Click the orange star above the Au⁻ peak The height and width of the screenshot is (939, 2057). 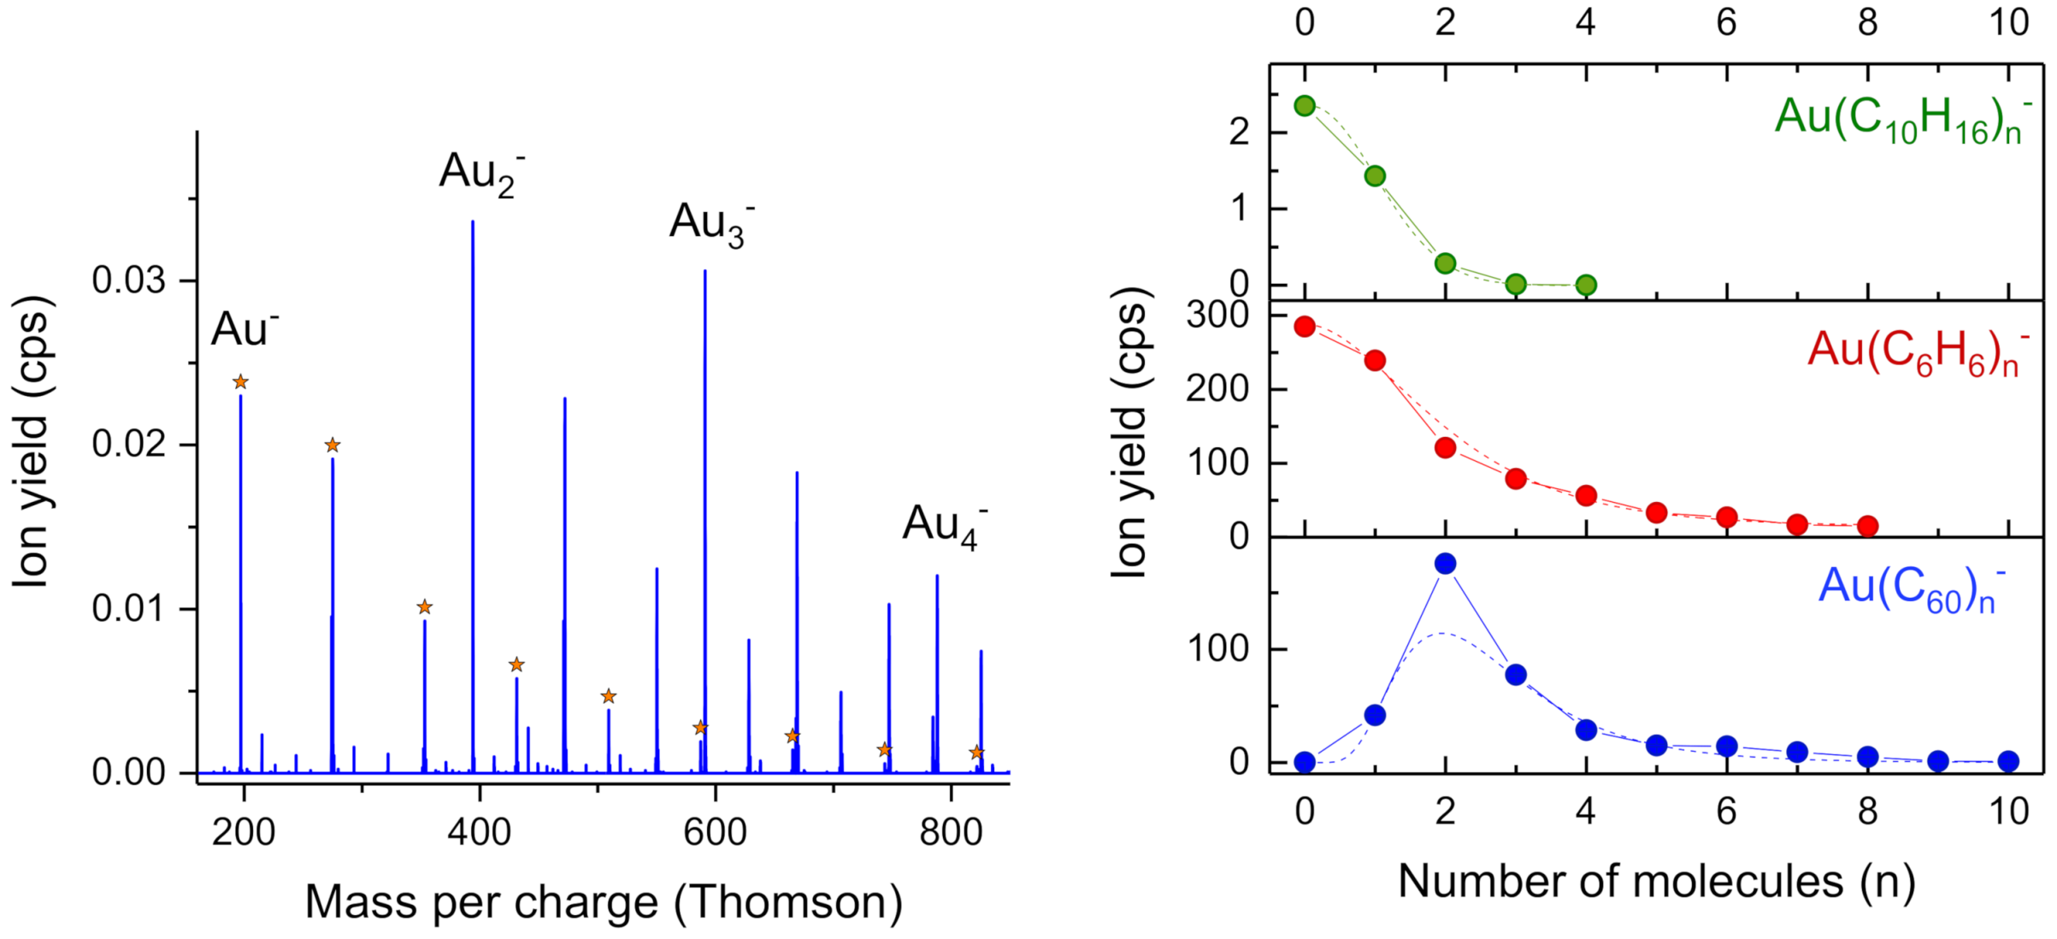click(240, 381)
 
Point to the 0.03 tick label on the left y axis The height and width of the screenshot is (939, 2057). click(128, 281)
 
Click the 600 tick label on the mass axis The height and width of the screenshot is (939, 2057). click(715, 831)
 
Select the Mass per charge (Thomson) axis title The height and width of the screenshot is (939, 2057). click(604, 902)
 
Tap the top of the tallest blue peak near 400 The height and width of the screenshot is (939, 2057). click(473, 222)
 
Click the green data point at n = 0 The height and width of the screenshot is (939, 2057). click(1305, 106)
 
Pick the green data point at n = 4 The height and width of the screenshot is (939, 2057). click(1586, 285)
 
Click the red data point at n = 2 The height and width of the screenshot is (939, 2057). click(1446, 447)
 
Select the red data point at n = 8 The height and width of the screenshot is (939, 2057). click(1868, 526)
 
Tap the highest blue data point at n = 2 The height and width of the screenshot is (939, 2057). click(1446, 564)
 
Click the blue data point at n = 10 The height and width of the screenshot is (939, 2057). click(2009, 761)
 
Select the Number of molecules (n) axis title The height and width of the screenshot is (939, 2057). click(1656, 882)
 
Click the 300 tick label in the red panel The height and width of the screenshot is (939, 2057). click(1217, 316)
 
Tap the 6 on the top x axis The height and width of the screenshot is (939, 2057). click(1727, 22)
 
